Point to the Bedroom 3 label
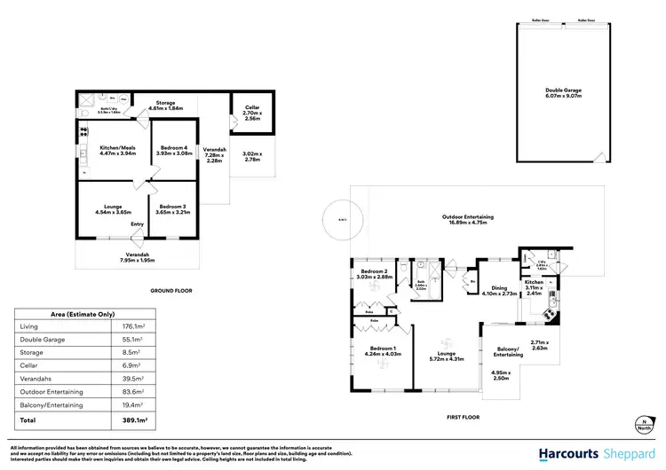coord(171,208)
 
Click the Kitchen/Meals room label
coord(111,149)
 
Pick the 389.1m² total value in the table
coord(135,419)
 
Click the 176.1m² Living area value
coord(133,326)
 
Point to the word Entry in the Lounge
coord(138,224)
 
